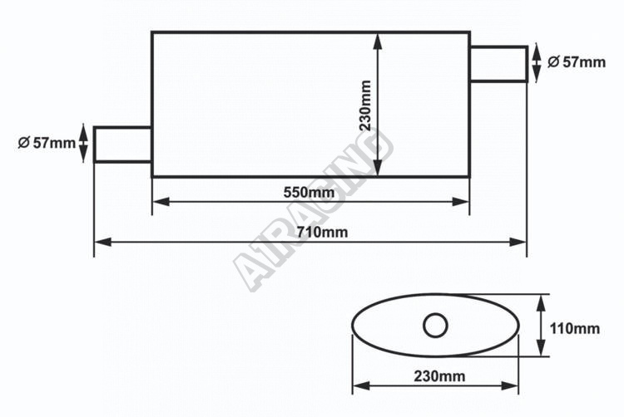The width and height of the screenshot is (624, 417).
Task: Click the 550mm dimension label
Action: (x=309, y=193)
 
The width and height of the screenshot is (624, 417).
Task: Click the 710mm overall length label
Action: (x=322, y=232)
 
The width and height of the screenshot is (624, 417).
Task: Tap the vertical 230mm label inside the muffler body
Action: (x=365, y=105)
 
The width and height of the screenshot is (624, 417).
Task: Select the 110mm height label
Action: (x=574, y=328)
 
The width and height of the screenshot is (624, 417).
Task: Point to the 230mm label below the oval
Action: (x=439, y=375)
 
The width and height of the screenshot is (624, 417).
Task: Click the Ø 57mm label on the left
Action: (x=47, y=143)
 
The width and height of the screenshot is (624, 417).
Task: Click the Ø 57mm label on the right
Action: (x=577, y=62)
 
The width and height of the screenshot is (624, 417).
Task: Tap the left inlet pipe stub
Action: (x=122, y=145)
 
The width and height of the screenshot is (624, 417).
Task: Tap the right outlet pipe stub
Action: (x=499, y=64)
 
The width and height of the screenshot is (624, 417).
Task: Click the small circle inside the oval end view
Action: (x=435, y=326)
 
